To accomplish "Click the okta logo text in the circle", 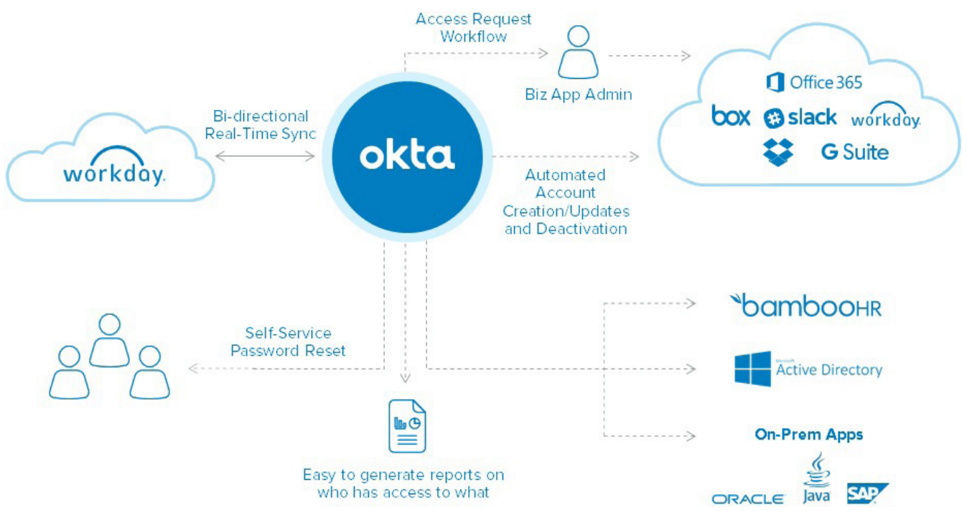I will click(x=406, y=156).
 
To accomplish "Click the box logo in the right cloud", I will click(x=731, y=115).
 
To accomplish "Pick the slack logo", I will click(x=800, y=118).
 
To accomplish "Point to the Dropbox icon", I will click(x=778, y=152).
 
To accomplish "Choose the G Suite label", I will click(x=854, y=152).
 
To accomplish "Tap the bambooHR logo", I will click(x=805, y=306).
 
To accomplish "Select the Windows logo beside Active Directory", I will click(x=752, y=369).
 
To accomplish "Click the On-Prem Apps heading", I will click(x=808, y=434).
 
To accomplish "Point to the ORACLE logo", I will click(x=748, y=499).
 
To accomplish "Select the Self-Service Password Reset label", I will click(x=288, y=342).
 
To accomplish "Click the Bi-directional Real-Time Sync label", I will click(x=261, y=125).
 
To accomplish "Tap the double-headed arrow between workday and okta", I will click(x=266, y=153).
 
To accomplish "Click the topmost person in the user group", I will click(x=109, y=339).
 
